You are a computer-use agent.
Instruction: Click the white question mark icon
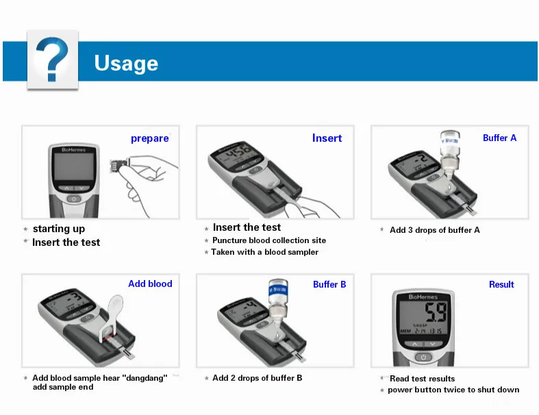52,60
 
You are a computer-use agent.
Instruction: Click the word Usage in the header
126,64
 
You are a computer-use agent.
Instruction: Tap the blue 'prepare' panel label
149,138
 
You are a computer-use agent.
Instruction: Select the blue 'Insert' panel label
327,138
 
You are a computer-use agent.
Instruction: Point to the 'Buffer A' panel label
499,138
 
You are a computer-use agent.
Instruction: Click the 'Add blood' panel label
150,284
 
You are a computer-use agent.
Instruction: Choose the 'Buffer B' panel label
329,284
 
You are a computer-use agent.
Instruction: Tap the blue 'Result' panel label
501,284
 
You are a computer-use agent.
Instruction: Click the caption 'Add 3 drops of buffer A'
434,230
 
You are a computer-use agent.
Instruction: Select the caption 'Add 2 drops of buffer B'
257,378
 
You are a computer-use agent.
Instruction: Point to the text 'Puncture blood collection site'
268,240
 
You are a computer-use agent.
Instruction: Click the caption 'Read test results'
422,379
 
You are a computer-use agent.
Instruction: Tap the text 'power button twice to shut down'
453,390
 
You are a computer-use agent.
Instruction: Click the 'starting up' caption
59,229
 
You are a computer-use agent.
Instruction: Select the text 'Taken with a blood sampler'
264,252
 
